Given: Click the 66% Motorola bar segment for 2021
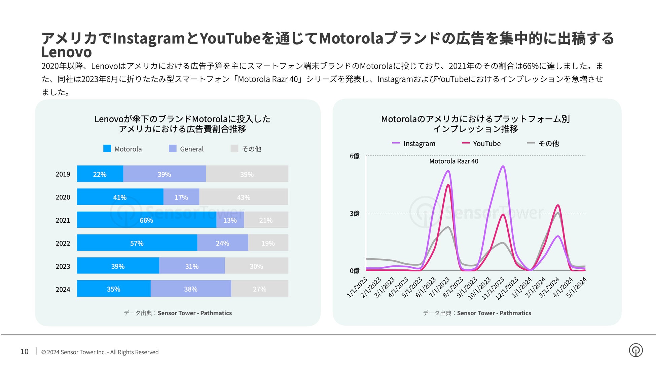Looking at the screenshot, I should [x=146, y=220].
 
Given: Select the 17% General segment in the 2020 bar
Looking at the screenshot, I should [x=181, y=197].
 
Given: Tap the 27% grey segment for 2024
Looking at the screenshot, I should [x=259, y=289].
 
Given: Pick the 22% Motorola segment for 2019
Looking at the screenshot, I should [x=100, y=174].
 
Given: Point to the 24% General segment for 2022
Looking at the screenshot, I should [x=222, y=243].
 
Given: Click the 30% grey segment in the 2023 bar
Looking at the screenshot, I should [x=256, y=266].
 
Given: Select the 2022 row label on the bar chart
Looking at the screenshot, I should [x=63, y=243].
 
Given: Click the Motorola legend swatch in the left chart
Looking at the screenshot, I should [x=107, y=149].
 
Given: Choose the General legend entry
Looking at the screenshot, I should [x=186, y=149].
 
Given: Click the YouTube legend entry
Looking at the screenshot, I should [x=481, y=144].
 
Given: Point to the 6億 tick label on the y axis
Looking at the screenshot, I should [x=355, y=156].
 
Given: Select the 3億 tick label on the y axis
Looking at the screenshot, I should [x=355, y=214].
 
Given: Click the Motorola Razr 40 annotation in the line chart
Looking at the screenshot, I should [x=453, y=161].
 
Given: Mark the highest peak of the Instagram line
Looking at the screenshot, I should [x=503, y=166].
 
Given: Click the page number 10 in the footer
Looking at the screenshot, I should [x=25, y=352].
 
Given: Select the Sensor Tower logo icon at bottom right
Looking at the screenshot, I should [x=635, y=350].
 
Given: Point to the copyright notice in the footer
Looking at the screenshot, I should [x=100, y=352].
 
